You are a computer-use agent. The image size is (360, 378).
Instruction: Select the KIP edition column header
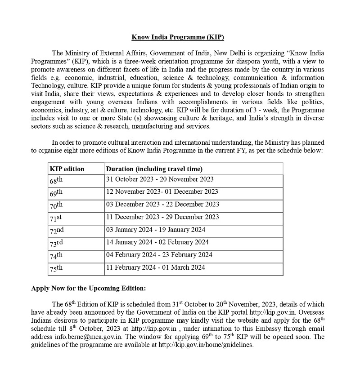pyautogui.click(x=67, y=169)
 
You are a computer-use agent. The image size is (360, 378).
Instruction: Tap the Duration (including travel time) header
pyautogui.click(x=154, y=169)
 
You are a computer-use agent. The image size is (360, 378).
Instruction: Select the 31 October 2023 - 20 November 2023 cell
pyautogui.click(x=160, y=179)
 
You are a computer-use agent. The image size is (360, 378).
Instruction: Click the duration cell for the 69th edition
pyautogui.click(x=162, y=192)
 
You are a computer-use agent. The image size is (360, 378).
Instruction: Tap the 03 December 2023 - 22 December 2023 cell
pyautogui.click(x=162, y=205)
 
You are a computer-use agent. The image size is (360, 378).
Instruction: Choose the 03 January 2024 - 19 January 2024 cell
pyautogui.click(x=156, y=230)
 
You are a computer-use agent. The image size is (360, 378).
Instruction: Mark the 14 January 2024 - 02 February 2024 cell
pyautogui.click(x=157, y=242)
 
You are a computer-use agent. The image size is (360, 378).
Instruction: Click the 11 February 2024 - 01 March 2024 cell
pyautogui.click(x=156, y=267)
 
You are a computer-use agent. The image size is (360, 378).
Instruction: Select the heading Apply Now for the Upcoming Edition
pyautogui.click(x=88, y=288)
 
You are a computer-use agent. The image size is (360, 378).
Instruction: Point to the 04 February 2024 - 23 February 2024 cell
pyautogui.click(x=159, y=255)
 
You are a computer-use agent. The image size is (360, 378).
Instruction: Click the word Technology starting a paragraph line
pyautogui.click(x=48, y=85)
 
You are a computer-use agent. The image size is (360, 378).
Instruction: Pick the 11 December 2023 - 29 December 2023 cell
pyautogui.click(x=162, y=217)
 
